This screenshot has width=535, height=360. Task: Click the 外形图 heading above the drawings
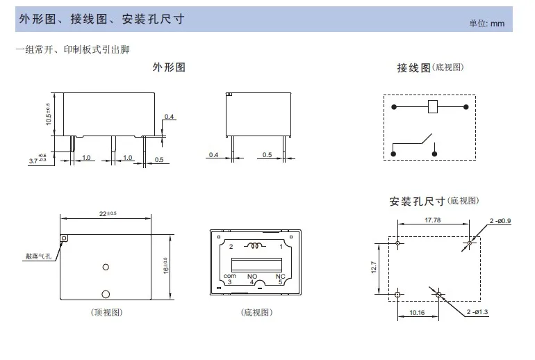pyautogui.click(x=169, y=67)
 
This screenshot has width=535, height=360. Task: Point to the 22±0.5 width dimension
pyautogui.click(x=107, y=213)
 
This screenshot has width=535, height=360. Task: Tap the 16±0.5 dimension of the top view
pyautogui.click(x=165, y=264)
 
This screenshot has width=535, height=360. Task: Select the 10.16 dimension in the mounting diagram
pyautogui.click(x=417, y=313)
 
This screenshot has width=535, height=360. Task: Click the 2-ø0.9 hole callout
pyautogui.click(x=500, y=221)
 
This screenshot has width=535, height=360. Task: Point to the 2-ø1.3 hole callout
pyautogui.click(x=478, y=312)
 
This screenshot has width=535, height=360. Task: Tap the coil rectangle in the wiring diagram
pyautogui.click(x=431, y=107)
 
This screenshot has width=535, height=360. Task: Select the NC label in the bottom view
pyautogui.click(x=280, y=276)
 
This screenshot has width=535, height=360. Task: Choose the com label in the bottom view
pyautogui.click(x=229, y=277)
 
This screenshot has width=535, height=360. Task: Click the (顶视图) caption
pyautogui.click(x=106, y=313)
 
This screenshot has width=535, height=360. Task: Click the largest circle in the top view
pyautogui.click(x=106, y=294)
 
